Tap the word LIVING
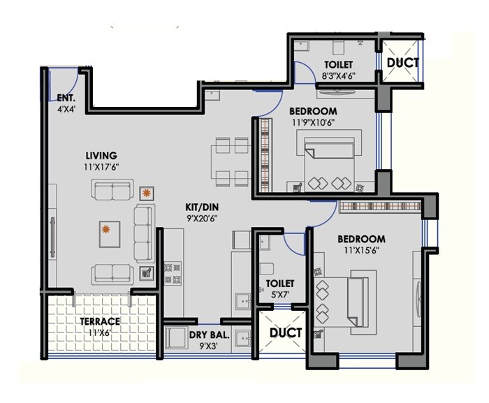click(x=101, y=155)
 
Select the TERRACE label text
click(x=99, y=321)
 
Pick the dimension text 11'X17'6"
click(x=101, y=167)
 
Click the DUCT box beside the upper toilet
click(x=403, y=61)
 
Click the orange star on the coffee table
click(x=106, y=229)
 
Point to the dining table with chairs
click(x=231, y=161)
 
